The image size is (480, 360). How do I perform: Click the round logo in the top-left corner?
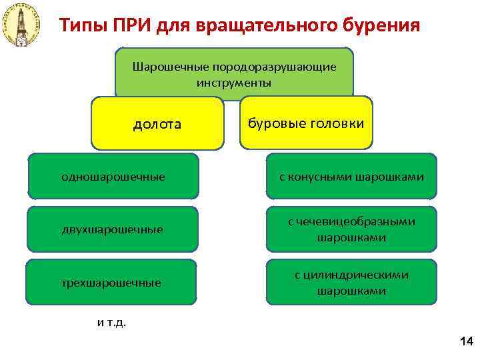tap(21, 25)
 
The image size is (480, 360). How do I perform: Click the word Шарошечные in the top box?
tap(171, 67)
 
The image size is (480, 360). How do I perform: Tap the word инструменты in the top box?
tap(234, 83)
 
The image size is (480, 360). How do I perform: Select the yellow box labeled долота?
tap(157, 124)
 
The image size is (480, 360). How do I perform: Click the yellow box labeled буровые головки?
tap(306, 123)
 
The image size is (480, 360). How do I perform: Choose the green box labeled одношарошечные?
tap(113, 177)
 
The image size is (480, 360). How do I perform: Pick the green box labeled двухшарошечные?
tap(113, 229)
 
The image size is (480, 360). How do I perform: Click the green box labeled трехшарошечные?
tap(113, 283)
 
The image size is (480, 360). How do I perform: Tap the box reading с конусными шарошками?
tap(351, 177)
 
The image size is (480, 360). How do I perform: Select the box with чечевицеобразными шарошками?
tap(351, 229)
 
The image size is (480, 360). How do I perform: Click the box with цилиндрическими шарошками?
tap(351, 283)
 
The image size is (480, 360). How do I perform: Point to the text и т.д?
tap(111, 323)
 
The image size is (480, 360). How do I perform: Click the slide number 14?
tap(465, 342)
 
